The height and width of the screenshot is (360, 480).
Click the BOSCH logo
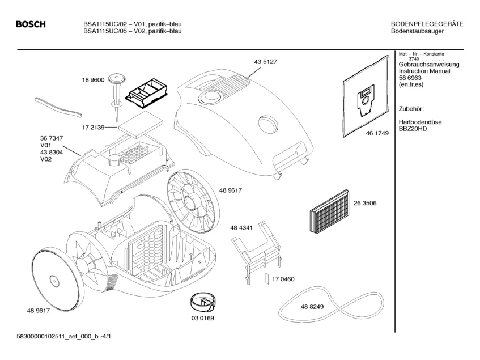[x=31, y=24]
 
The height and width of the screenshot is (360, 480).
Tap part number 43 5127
[x=264, y=61]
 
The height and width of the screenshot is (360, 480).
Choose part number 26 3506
[x=365, y=202]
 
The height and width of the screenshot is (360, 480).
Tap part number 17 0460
[x=283, y=279]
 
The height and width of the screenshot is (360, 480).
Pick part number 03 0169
[x=202, y=318]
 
